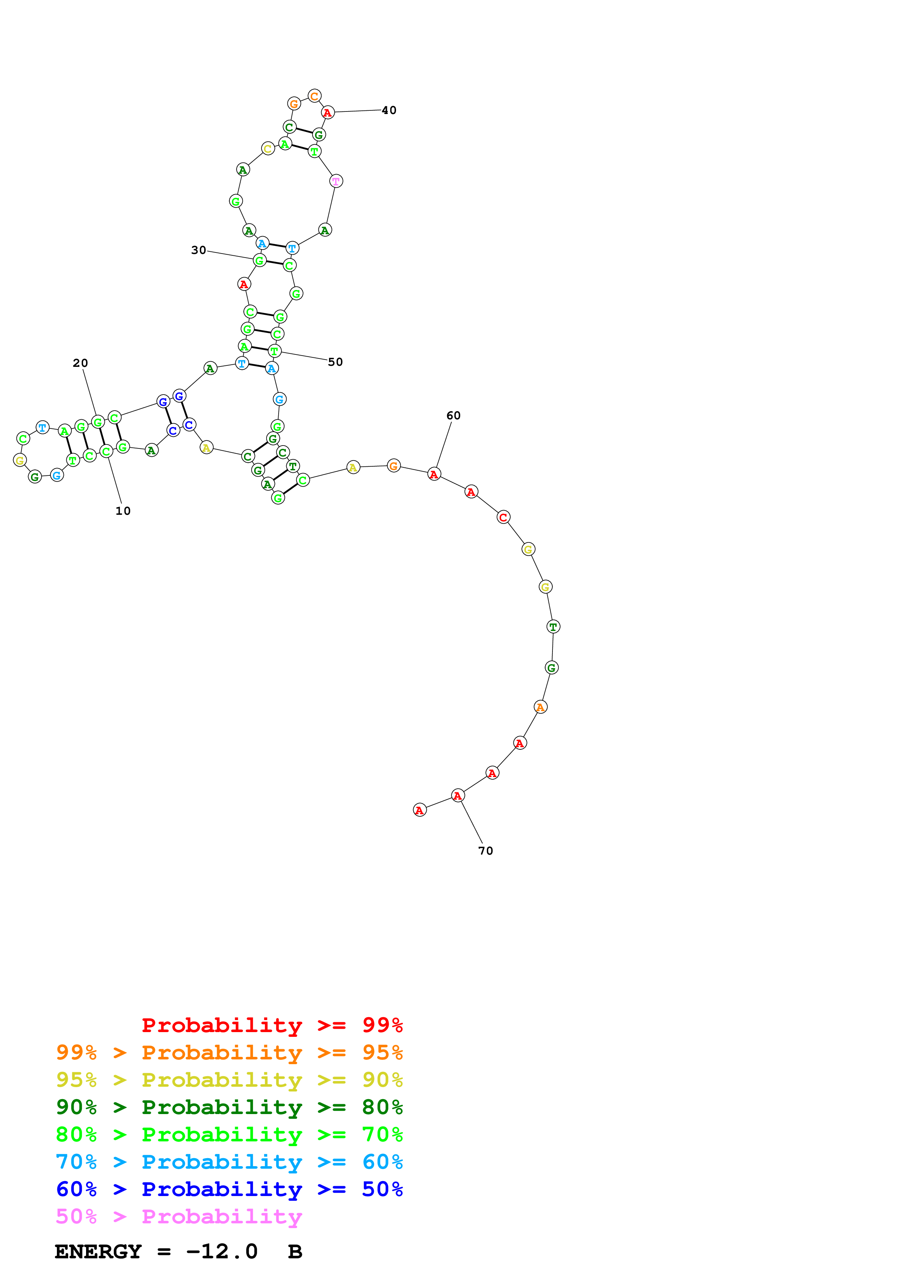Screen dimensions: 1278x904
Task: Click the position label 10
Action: click(123, 511)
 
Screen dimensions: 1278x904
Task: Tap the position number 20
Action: click(80, 363)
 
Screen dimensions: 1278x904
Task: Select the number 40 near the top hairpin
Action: click(389, 110)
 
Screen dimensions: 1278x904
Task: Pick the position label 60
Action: click(453, 415)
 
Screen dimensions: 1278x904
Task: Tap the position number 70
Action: click(486, 851)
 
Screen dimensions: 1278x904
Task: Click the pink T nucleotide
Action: click(337, 181)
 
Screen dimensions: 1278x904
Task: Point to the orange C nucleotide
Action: click(315, 96)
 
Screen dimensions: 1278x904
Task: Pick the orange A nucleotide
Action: click(540, 707)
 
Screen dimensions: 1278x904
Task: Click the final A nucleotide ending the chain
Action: click(420, 810)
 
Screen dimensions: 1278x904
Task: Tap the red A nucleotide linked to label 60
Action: click(434, 474)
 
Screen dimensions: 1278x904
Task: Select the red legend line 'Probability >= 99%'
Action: click(272, 1025)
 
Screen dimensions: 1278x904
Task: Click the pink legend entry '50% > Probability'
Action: click(178, 1216)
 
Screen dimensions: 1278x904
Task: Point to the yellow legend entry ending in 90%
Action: click(229, 1079)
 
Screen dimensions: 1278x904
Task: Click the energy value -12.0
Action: click(222, 1251)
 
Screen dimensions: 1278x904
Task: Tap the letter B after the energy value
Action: click(295, 1251)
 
